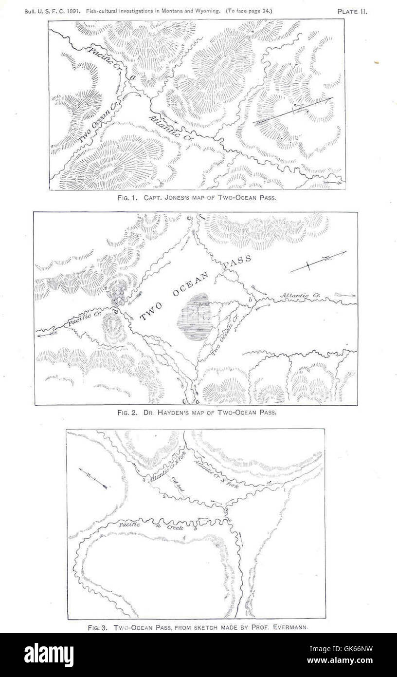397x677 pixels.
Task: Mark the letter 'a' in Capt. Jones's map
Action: point(132,77)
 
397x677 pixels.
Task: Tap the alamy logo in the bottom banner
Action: point(49,655)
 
